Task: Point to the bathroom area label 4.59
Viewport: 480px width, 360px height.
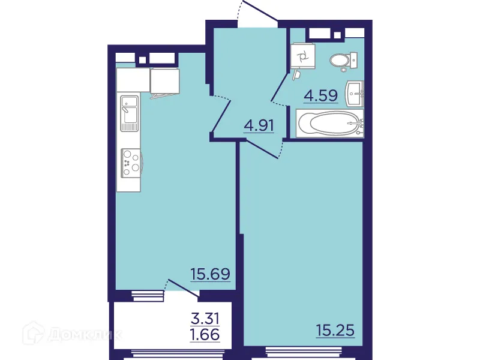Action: click(x=321, y=96)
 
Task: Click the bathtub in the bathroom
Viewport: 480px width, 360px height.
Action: click(x=330, y=124)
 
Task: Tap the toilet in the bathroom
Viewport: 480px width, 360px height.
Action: click(x=343, y=61)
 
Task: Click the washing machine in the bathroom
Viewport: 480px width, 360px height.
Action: click(x=303, y=57)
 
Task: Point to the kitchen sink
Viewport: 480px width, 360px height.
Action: click(x=129, y=113)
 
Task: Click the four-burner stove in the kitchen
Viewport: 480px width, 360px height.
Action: click(x=130, y=163)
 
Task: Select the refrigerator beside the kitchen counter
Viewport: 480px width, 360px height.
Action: click(x=164, y=82)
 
